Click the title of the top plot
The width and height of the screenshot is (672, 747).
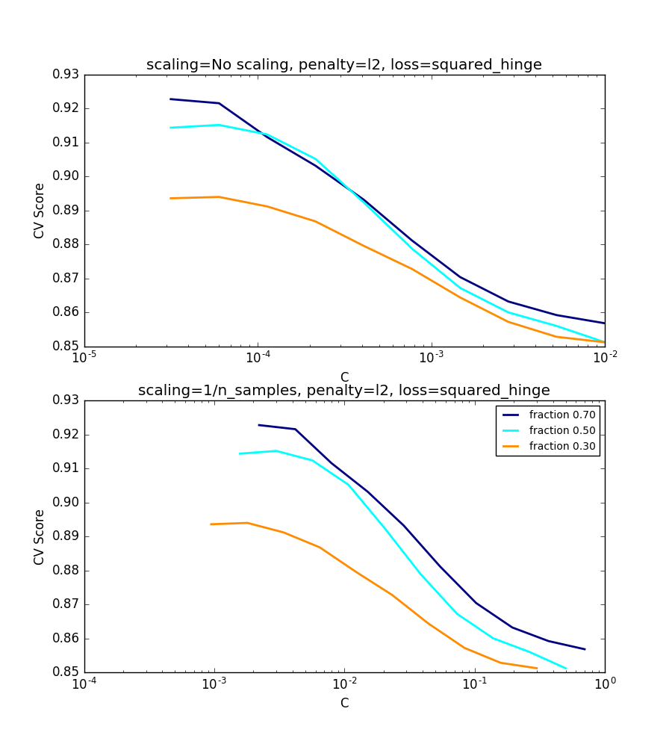click(343, 65)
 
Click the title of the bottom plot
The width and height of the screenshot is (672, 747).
click(343, 390)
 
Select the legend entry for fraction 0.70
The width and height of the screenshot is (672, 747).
click(562, 415)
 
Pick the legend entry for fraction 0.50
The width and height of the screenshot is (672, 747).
click(562, 430)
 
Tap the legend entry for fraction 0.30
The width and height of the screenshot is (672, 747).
click(562, 446)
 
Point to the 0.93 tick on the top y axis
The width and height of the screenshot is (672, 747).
click(66, 75)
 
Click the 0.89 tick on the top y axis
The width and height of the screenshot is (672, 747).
click(66, 211)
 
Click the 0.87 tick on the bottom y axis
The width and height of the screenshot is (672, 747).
click(66, 604)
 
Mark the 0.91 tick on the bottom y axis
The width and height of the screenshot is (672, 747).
click(66, 468)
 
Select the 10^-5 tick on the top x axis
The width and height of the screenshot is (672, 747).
click(84, 358)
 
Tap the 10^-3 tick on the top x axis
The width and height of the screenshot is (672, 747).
click(432, 358)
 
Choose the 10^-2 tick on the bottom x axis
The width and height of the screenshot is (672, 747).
click(344, 684)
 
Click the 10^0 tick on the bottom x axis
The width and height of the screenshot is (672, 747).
click(604, 684)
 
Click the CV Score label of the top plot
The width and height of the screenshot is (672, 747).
click(40, 211)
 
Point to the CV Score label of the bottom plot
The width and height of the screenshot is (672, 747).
click(40, 536)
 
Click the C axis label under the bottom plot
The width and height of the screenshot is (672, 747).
click(344, 703)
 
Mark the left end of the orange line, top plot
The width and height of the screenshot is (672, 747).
click(170, 198)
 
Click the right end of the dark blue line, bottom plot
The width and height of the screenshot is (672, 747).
click(585, 649)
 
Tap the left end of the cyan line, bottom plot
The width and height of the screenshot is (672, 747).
click(240, 453)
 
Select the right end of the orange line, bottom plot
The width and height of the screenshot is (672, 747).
click(536, 669)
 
